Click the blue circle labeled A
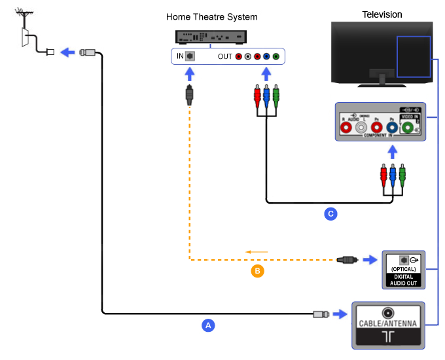point(208,324)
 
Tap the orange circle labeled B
point(257,270)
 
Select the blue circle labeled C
point(331,213)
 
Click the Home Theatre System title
point(212,17)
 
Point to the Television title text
point(382,14)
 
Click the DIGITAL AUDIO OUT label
point(404,280)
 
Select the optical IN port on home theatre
point(190,56)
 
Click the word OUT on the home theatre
point(224,57)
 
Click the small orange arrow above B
point(257,251)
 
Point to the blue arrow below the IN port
point(189,74)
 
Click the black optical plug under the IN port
point(189,94)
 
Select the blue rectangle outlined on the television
point(414,57)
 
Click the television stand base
point(379,81)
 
